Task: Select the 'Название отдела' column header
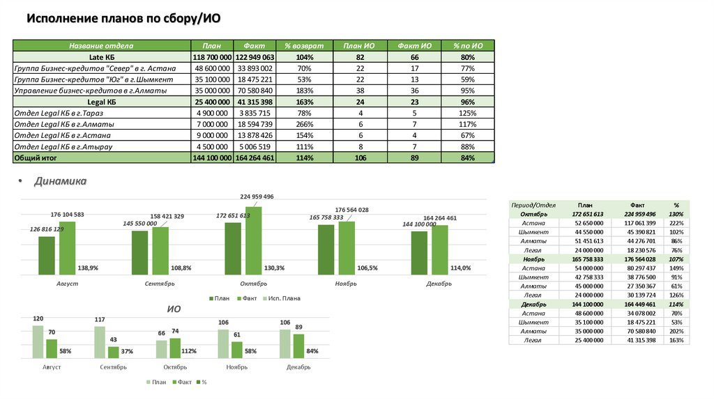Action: [x=101, y=45]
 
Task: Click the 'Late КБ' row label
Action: [x=101, y=57]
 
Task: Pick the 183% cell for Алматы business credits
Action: [x=304, y=91]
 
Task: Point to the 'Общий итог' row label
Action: [x=39, y=158]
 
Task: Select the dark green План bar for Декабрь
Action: [x=419, y=253]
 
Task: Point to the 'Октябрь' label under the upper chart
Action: [x=253, y=284]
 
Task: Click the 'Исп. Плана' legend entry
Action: [x=284, y=298]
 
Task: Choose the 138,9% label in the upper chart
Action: [x=88, y=268]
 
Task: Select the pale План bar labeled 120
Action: [x=38, y=342]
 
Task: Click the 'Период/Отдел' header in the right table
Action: [x=533, y=205]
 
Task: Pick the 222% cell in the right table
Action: [x=676, y=222]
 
